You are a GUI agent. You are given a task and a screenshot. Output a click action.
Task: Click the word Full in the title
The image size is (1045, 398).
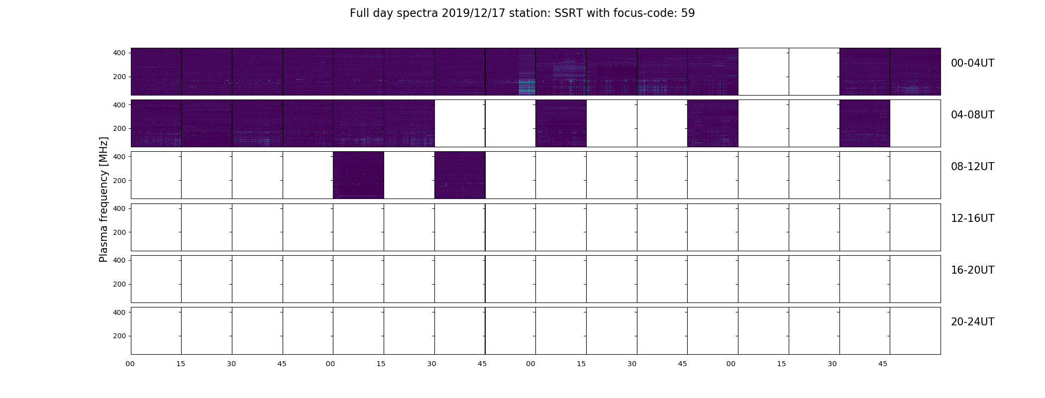358,13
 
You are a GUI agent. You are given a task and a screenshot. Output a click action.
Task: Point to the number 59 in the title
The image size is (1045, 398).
688,13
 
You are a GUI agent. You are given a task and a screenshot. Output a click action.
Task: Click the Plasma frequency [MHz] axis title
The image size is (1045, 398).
104,199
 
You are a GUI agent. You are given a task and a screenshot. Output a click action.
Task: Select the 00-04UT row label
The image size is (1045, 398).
972,63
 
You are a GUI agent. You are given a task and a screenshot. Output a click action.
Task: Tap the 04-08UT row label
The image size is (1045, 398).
972,115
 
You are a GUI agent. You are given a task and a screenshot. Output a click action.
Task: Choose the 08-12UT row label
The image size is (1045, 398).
972,167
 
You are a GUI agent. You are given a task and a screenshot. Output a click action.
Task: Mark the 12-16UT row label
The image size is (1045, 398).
972,218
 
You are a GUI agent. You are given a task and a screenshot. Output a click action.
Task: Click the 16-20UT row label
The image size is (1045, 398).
972,270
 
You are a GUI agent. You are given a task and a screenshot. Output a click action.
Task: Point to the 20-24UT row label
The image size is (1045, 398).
972,322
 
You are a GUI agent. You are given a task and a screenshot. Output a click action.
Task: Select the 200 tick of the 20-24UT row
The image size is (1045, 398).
120,336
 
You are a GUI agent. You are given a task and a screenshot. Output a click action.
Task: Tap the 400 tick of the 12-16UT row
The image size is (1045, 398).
120,209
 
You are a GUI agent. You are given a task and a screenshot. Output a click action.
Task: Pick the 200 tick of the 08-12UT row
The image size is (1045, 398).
120,181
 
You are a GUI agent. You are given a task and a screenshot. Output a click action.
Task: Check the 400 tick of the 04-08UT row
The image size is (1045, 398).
120,105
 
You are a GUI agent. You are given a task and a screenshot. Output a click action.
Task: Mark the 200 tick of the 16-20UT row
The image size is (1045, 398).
120,285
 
